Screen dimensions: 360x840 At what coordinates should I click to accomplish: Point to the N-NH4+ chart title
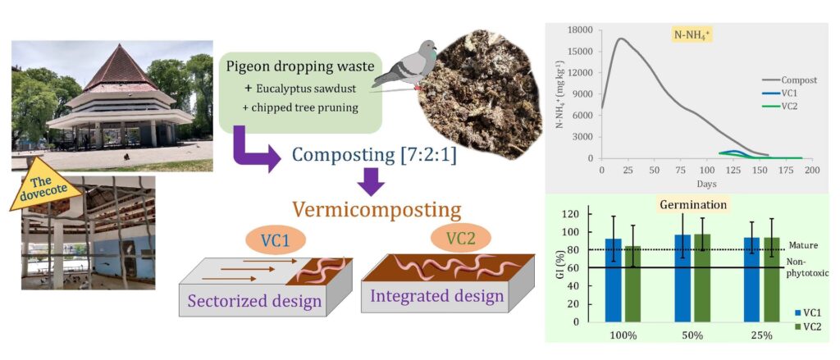[x=692, y=36]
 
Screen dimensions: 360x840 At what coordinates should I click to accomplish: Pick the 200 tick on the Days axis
[x=811, y=170]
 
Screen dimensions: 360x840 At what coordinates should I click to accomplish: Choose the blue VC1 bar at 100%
[x=613, y=279]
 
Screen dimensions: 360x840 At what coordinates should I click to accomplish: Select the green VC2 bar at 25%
[x=772, y=279]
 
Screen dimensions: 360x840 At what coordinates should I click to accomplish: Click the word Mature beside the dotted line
[x=805, y=245]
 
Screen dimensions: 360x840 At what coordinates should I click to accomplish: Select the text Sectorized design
[x=254, y=301]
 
